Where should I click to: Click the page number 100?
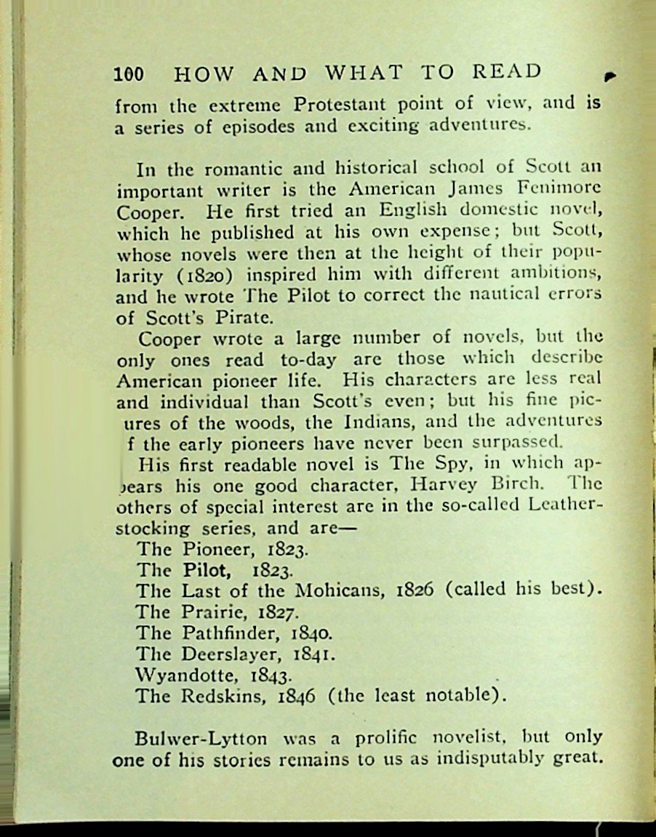[x=129, y=73]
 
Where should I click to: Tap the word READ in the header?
[x=507, y=72]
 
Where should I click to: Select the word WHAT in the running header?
[x=364, y=73]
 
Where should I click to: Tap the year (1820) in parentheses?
[x=214, y=275]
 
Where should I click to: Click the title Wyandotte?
[x=180, y=674]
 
